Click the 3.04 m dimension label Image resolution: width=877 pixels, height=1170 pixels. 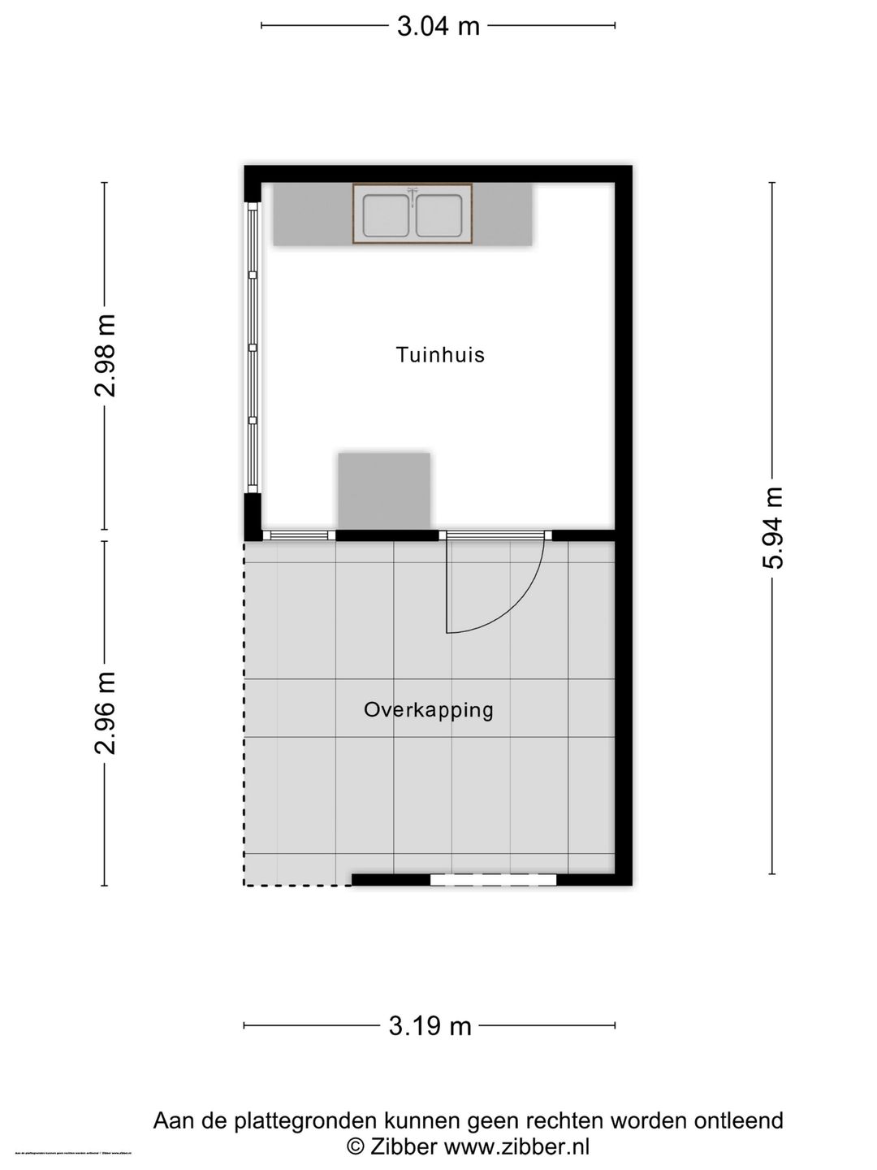tap(438, 26)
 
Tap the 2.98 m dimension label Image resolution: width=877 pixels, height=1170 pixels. tap(106, 355)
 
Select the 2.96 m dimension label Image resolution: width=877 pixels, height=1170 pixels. tap(106, 713)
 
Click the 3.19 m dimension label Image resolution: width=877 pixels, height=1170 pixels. tap(430, 1025)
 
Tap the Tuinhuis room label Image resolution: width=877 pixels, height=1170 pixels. tap(440, 355)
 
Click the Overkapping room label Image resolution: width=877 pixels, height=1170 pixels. tap(428, 710)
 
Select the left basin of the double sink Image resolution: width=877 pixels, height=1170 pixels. tap(386, 215)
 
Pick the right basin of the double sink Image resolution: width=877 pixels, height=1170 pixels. tap(439, 215)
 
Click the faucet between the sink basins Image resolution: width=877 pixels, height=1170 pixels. tap(413, 195)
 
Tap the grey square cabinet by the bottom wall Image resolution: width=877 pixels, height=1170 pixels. tap(384, 491)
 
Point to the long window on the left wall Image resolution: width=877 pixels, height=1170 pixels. tap(253, 348)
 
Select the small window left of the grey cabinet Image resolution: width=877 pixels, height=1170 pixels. tap(299, 535)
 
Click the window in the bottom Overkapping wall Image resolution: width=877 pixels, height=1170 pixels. tap(493, 879)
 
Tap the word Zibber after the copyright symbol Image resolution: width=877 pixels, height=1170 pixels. tap(404, 1146)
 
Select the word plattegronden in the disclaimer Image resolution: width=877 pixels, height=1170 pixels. tap(305, 1121)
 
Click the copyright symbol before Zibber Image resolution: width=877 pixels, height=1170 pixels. tap(356, 1146)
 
